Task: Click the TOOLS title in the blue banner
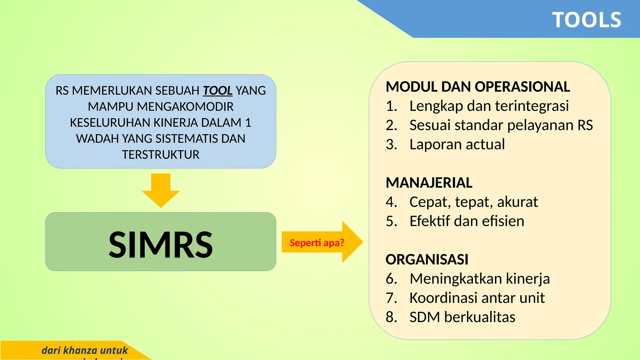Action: (x=587, y=20)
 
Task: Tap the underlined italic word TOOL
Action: (x=217, y=91)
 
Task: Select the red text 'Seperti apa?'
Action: (x=317, y=243)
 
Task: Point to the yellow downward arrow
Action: (x=161, y=191)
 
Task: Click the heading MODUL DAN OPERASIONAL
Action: (x=477, y=87)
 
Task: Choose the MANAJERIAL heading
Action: (x=429, y=183)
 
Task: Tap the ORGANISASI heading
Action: (x=427, y=259)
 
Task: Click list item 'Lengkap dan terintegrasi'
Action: (x=489, y=106)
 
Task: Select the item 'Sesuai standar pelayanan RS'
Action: (x=501, y=125)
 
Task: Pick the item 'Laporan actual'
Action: (x=457, y=144)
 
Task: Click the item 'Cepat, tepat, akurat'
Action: (x=473, y=202)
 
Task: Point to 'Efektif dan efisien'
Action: (x=467, y=221)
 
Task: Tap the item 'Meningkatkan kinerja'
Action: (x=479, y=279)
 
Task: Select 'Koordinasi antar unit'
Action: (x=477, y=298)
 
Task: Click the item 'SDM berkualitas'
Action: (x=462, y=317)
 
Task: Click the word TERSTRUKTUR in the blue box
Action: (x=161, y=155)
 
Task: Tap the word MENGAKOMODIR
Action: (x=185, y=107)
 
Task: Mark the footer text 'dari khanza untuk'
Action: (x=85, y=350)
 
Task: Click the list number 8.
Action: (x=391, y=317)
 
